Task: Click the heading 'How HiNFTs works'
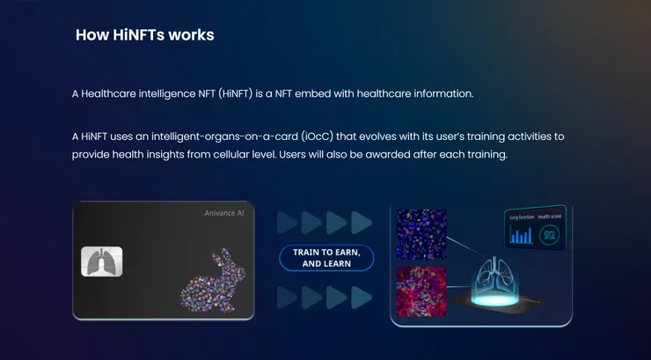(145, 35)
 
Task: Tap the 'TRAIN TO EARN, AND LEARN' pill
(326, 257)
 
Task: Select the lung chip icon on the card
(102, 261)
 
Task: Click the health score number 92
(549, 236)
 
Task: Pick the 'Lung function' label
(521, 216)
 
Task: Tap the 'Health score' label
(552, 216)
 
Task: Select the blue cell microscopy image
(421, 234)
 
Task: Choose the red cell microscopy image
(421, 290)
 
